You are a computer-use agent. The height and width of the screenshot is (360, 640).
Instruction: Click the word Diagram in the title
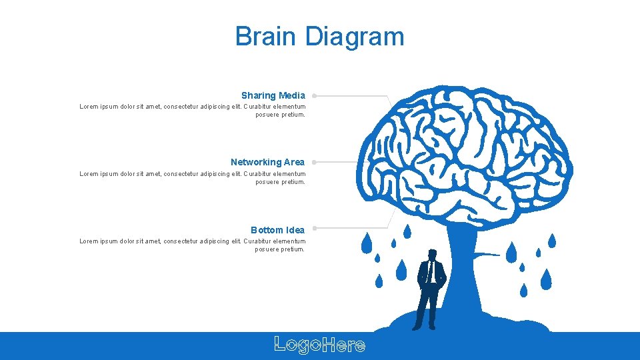[355, 37]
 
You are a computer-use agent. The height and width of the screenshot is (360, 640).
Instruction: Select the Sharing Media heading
[273, 95]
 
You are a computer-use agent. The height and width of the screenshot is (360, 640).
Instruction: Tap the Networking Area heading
[267, 162]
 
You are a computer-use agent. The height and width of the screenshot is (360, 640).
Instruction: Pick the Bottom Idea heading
[277, 230]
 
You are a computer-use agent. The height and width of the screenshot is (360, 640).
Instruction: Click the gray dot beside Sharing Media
[313, 95]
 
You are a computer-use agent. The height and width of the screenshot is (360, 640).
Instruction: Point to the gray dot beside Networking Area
[313, 162]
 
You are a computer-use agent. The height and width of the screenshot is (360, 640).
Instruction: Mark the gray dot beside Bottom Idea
[313, 229]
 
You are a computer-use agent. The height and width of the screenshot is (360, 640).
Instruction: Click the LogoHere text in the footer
[320, 345]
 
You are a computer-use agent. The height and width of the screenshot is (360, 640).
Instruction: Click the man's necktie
[431, 270]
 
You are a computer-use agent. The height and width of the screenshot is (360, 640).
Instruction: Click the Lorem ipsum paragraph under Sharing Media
[193, 110]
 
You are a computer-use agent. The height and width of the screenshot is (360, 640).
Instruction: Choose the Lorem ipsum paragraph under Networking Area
[193, 177]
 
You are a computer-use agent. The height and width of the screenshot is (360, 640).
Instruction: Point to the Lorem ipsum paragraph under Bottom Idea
[193, 245]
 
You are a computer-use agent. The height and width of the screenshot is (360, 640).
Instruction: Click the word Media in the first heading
[292, 95]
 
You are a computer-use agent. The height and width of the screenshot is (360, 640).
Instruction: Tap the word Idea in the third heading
[295, 230]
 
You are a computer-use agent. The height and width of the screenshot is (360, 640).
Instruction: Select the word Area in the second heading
[294, 162]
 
